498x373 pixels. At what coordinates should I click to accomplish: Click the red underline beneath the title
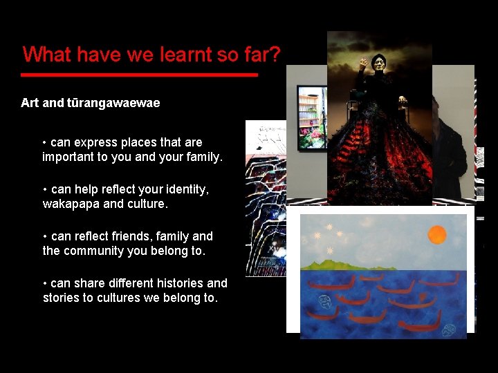coord(139,74)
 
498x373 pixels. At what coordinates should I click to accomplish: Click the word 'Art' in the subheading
coord(30,103)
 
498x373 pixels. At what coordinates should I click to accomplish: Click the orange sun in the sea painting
coord(437,235)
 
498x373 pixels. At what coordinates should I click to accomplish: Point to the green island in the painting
coord(346,264)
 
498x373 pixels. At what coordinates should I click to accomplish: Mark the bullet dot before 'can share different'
coord(46,283)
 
